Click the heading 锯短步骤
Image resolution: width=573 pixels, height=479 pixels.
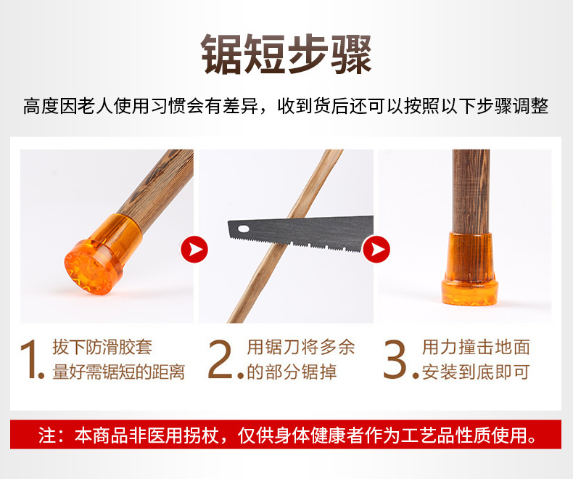pyautogui.click(x=286, y=54)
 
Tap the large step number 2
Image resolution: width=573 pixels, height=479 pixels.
pyautogui.click(x=220, y=359)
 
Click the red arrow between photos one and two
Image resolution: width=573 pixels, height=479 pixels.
pyautogui.click(x=194, y=250)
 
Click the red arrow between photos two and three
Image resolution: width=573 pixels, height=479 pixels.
pyautogui.click(x=376, y=250)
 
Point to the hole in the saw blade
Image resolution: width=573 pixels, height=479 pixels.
pyautogui.click(x=244, y=229)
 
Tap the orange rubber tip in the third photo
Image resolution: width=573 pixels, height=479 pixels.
pyautogui.click(x=469, y=269)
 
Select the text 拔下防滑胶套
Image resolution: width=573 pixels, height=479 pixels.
pyautogui.click(x=102, y=347)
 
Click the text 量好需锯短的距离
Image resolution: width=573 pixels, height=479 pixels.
pyautogui.click(x=118, y=372)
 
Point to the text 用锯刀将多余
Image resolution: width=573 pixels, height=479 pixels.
pyautogui.click(x=301, y=347)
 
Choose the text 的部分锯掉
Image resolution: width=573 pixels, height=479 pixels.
pyautogui.click(x=292, y=372)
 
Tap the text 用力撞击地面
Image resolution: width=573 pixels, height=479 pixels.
pyautogui.click(x=476, y=347)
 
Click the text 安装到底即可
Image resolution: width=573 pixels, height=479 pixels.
pyautogui.click(x=476, y=372)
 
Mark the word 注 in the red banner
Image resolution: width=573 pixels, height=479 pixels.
pyautogui.click(x=46, y=435)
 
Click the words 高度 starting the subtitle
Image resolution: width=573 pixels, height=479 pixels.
pyautogui.click(x=41, y=106)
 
